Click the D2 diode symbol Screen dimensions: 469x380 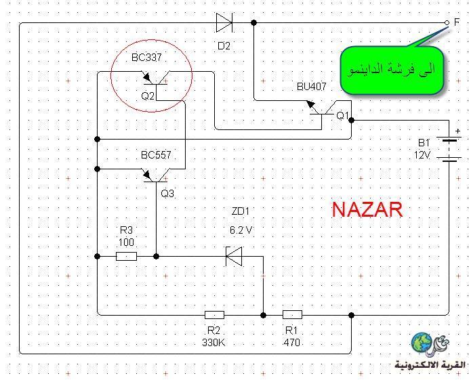(224, 22)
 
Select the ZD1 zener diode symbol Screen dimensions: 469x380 (234, 256)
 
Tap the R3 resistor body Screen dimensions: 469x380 (126, 256)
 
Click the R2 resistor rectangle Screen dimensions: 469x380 (214, 315)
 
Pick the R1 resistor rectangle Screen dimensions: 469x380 (292, 314)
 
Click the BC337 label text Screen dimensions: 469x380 (146, 58)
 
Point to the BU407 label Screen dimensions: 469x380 (311, 87)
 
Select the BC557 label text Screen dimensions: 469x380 (156, 155)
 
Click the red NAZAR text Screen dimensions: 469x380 (367, 209)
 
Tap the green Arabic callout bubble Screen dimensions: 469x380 (392, 70)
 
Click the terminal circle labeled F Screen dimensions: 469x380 (447, 22)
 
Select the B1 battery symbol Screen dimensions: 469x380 (449, 150)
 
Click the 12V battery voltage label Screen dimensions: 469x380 (422, 155)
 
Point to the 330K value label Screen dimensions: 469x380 (213, 342)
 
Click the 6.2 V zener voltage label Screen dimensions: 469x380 (241, 230)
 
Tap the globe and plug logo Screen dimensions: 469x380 (430, 344)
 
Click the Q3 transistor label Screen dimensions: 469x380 (167, 194)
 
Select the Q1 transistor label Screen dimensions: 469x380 (343, 115)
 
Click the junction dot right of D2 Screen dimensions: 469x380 (253, 22)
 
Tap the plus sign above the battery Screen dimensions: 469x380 (457, 131)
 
